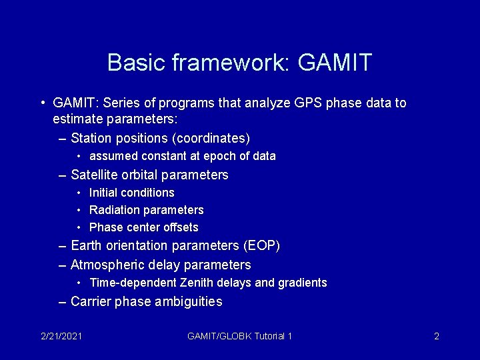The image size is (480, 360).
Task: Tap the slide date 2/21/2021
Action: tap(60, 336)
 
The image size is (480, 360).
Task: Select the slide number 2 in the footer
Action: tap(436, 336)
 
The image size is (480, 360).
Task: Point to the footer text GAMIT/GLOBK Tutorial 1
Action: tap(240, 336)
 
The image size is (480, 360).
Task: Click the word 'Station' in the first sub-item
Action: tap(92, 139)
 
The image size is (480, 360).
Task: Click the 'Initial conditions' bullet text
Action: tap(131, 193)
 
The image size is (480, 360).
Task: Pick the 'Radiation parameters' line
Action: tap(146, 210)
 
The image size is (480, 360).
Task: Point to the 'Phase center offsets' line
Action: tap(143, 227)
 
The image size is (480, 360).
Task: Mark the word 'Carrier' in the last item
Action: tap(91, 301)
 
